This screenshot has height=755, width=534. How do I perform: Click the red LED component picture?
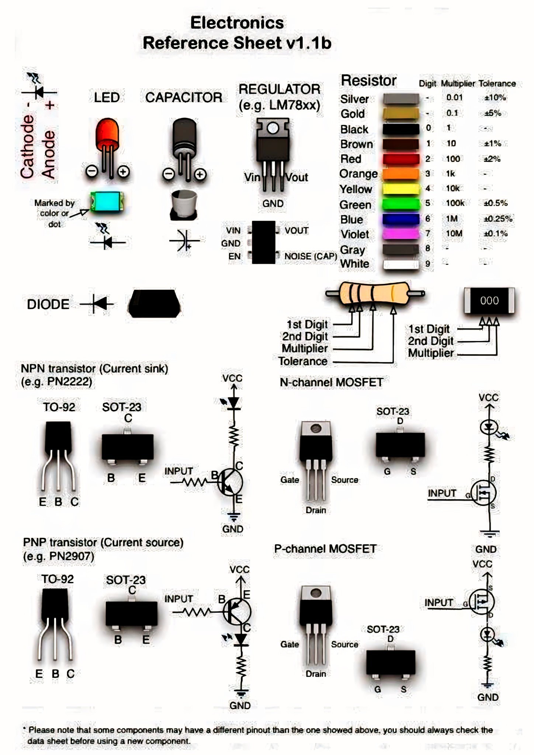107,147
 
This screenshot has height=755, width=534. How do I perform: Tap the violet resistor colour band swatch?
400,234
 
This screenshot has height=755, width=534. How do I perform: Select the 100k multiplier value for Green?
455,203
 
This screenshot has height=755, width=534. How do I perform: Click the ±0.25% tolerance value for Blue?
498,219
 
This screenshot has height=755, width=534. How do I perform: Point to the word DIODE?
48,305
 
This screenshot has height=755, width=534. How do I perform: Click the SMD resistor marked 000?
489,300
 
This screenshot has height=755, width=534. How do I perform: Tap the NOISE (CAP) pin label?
311,256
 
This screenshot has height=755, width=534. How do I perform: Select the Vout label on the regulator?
296,177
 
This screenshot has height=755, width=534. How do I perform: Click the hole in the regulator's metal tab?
273,128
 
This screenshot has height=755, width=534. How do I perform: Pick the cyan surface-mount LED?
107,202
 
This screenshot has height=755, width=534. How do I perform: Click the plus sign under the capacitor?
200,174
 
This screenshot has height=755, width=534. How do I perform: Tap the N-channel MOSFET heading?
331,382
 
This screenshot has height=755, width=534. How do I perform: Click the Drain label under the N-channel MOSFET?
316,510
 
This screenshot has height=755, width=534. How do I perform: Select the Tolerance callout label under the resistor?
303,361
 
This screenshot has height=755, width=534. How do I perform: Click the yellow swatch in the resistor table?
400,189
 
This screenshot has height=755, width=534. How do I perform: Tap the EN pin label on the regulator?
235,256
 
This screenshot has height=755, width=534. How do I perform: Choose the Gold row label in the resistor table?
353,114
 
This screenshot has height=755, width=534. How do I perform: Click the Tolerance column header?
497,84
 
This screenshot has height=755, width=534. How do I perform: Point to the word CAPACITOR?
184,97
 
